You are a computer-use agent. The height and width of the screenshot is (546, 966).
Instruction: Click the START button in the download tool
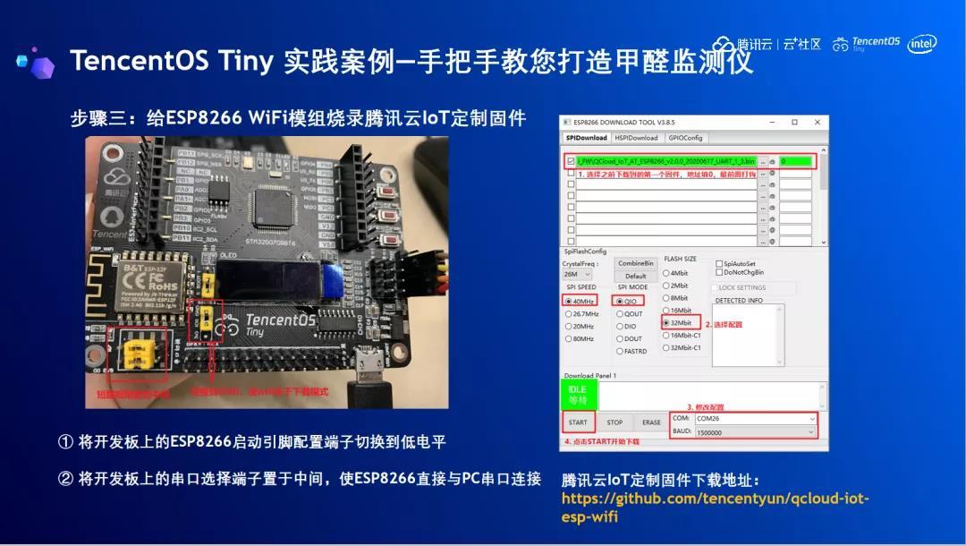tap(578, 422)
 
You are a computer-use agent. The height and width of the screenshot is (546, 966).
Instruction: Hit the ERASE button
tap(651, 422)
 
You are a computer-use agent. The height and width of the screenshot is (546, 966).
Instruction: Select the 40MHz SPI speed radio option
tap(580, 301)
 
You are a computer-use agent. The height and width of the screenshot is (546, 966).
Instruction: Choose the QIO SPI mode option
tap(628, 301)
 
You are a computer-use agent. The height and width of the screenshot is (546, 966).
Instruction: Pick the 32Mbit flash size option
tap(681, 321)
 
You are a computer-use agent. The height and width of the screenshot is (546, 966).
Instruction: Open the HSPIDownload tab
tap(637, 138)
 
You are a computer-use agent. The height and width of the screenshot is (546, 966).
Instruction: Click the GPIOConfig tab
tap(686, 138)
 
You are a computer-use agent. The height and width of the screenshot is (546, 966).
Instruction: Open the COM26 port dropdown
tap(755, 418)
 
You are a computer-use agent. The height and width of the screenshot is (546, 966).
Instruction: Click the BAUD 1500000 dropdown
tap(755, 431)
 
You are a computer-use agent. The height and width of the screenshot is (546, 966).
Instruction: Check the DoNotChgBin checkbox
tap(719, 272)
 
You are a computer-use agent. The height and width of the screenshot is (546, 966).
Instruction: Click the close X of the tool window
tap(818, 122)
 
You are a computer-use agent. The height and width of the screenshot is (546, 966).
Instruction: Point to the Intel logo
tap(922, 44)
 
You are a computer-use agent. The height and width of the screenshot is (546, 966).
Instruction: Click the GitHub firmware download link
tap(715, 508)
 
